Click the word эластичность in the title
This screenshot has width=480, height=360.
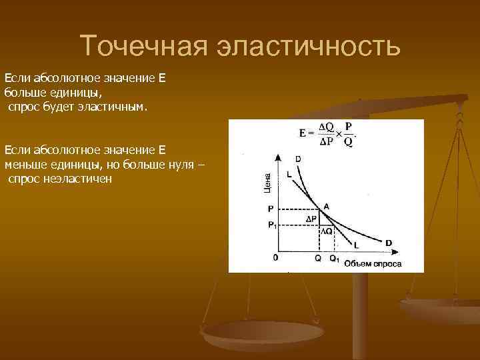point(308,45)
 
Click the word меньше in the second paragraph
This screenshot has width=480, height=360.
point(22,163)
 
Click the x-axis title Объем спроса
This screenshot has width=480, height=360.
point(373,263)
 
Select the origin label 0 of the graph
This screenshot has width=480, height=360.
point(275,257)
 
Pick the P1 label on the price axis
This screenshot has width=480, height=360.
point(272,225)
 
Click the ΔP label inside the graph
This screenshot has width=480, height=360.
point(311,218)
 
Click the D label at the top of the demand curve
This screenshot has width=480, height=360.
point(297,158)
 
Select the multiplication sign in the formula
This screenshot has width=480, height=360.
point(338,133)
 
